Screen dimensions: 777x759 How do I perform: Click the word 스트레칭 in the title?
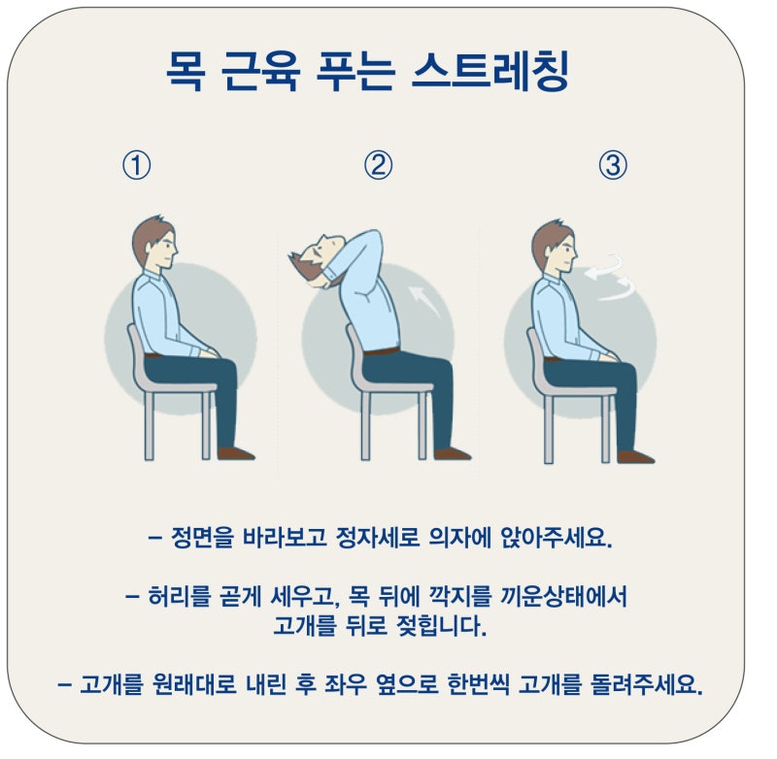point(490,71)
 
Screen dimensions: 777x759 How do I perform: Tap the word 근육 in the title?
point(259,71)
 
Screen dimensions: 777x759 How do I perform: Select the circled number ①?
point(137,165)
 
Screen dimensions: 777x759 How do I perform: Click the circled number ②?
point(378,165)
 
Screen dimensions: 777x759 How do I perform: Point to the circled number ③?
point(613,165)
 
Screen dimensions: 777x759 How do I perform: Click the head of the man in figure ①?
point(154,244)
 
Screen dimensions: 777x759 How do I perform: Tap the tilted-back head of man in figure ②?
point(317,257)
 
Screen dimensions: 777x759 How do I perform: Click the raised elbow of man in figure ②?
point(373,236)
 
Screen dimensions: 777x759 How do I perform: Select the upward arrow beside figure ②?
point(424,300)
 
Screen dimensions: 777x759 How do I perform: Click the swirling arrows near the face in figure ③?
point(611,278)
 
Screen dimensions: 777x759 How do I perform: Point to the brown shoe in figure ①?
point(235,453)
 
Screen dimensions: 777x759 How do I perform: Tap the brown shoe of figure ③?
point(635,456)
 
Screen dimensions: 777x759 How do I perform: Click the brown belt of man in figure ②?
point(381,351)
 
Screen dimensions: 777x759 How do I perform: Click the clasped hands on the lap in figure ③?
point(610,355)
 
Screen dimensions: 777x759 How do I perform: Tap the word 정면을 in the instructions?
point(202,537)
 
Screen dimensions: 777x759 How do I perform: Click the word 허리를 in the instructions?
point(179,596)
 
